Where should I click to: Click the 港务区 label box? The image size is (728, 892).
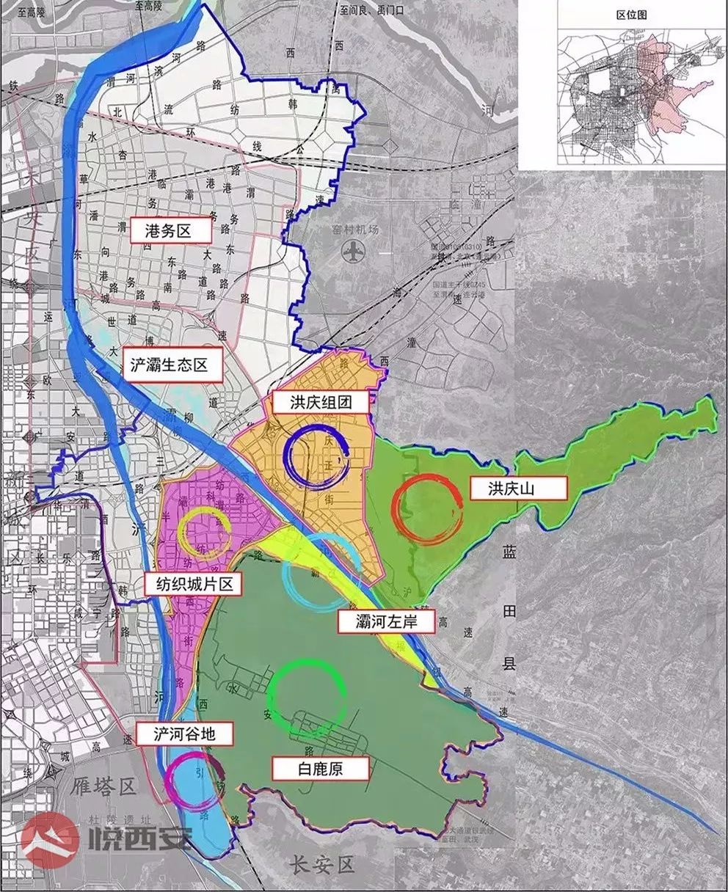click(x=170, y=232)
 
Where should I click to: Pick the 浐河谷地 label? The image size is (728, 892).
click(x=184, y=734)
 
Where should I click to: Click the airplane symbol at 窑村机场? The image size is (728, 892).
click(x=353, y=252)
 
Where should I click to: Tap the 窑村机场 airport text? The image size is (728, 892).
click(x=353, y=230)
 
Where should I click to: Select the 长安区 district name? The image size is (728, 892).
click(x=320, y=865)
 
